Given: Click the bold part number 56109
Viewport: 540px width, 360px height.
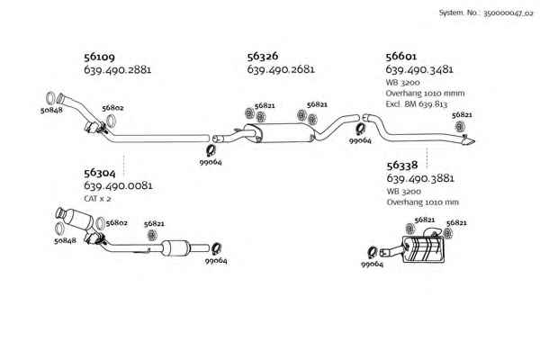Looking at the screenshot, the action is pos(99,57).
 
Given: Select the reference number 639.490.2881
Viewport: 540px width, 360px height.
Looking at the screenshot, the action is pos(117,70).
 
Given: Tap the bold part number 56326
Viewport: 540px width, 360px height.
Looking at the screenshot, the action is pos(263,56).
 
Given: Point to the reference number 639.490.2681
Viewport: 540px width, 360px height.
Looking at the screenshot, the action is pos(281,69).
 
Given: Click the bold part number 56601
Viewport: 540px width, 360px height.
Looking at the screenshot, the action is pos(401,56).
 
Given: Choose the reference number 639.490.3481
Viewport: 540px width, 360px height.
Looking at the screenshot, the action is pos(419,69).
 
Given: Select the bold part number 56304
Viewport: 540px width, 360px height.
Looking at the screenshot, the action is pos(100,173).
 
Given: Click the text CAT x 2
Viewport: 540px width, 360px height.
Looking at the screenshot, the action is pos(97,199).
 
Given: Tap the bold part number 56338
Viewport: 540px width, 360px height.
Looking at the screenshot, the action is pos(402,166).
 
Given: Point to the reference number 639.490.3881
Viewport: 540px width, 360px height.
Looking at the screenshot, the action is pos(420,178).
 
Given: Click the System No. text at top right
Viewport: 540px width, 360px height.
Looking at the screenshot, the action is pos(486,13).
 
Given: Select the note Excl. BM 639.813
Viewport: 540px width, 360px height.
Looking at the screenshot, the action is pos(417,104).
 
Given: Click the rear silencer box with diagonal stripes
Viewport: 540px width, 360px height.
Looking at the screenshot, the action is pos(423,250).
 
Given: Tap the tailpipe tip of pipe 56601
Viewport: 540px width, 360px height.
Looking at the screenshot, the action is pos(470,141).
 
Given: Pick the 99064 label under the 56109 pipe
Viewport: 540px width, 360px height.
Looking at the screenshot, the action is pos(211,162).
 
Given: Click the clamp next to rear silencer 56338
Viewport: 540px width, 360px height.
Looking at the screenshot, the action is pos(373,253).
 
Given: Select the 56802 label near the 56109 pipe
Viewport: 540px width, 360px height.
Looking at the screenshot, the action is pos(112,108).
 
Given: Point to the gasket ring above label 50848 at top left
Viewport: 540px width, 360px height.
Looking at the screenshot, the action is pos(50,98).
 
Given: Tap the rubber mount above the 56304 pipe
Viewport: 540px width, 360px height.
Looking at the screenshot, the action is pos(151,235).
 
